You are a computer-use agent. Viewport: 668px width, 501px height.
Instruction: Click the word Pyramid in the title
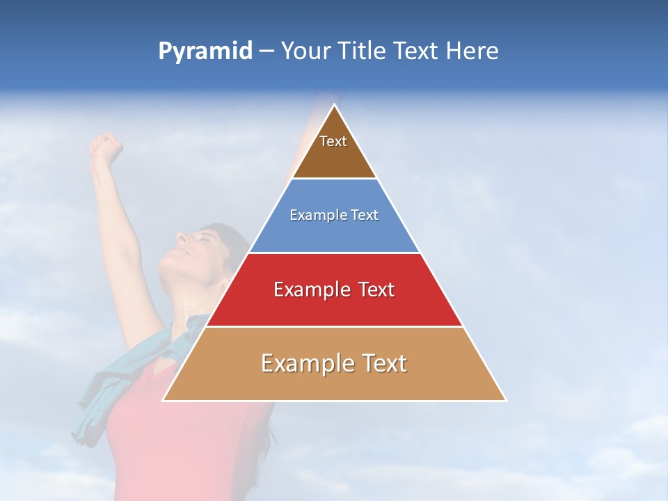tap(205, 51)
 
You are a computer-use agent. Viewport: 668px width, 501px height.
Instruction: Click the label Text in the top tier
tap(333, 141)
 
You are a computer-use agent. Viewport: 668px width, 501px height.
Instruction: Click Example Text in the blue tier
tap(334, 215)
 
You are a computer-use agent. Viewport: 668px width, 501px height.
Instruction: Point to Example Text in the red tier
tap(334, 289)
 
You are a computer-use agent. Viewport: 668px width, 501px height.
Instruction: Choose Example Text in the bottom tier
tap(334, 363)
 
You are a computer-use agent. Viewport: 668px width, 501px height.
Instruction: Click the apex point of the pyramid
tap(334, 105)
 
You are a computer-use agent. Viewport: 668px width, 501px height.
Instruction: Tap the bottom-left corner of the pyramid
tap(164, 400)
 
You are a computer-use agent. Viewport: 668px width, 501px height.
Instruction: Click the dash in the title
tap(266, 51)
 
